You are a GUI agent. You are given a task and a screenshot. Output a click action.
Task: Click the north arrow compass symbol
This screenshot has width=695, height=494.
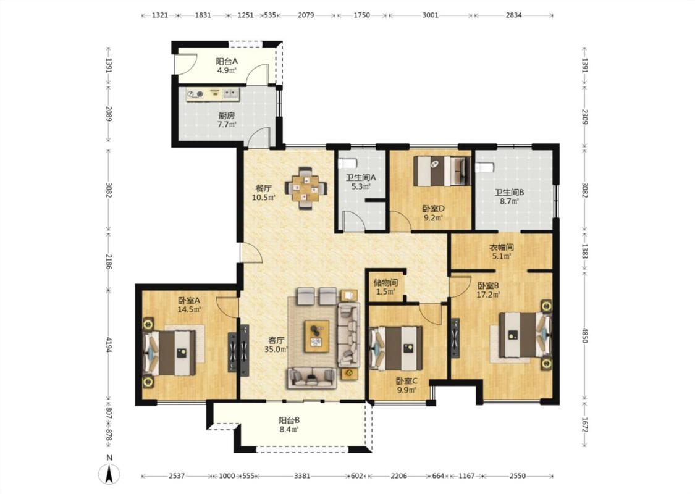(x=109, y=474)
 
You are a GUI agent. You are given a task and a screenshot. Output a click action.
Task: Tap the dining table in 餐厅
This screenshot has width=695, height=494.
(x=305, y=187)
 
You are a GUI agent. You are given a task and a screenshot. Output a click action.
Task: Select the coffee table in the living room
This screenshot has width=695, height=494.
(x=316, y=336)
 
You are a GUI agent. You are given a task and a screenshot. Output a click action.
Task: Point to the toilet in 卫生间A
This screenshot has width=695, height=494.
(x=347, y=163)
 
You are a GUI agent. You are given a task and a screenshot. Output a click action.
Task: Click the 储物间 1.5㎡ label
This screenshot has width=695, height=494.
(x=385, y=287)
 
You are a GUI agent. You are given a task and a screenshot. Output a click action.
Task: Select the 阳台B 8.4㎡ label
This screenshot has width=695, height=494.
(x=289, y=424)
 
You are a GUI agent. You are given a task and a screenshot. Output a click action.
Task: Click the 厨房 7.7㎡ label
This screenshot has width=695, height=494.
(x=226, y=120)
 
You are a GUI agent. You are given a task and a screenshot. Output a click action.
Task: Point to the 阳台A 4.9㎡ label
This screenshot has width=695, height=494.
(x=226, y=65)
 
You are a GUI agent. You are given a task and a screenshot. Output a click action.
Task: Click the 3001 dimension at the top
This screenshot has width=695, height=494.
(x=430, y=15)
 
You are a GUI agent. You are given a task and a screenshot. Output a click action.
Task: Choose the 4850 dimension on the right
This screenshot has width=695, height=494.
(x=584, y=335)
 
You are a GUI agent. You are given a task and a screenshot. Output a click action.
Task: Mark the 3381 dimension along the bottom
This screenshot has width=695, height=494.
(x=302, y=476)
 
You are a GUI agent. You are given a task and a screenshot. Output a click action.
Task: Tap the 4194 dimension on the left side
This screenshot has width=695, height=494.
(x=109, y=346)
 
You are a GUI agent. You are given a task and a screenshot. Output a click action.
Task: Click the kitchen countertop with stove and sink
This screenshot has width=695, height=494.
(x=213, y=94)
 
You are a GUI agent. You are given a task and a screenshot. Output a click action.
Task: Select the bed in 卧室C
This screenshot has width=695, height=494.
(x=396, y=348)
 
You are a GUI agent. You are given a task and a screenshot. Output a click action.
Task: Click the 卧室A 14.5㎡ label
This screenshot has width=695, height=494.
(x=189, y=305)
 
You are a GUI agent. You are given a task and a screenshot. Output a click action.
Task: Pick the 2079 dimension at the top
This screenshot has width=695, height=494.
(x=306, y=15)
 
